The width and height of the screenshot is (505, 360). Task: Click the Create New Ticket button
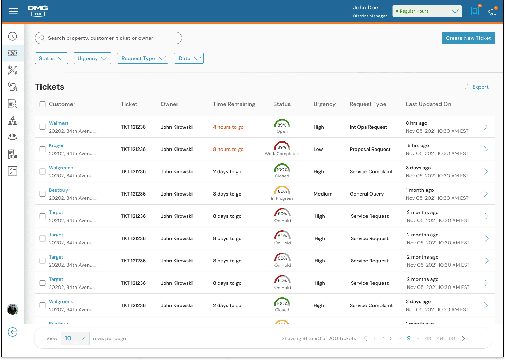coord(468,38)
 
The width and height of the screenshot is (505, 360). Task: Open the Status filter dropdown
coord(51,58)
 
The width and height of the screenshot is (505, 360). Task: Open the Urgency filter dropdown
coord(92,58)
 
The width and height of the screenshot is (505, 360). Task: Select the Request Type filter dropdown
coord(143,58)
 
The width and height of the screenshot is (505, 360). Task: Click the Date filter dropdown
coord(189,58)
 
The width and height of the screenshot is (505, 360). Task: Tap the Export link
coord(477,87)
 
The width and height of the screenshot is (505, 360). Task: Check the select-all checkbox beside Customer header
coord(43,104)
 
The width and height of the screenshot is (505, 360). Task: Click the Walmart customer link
coord(59,123)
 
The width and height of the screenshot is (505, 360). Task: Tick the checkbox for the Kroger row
coord(43,149)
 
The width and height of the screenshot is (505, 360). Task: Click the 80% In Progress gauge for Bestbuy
coord(282,191)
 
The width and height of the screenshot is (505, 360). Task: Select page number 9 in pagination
coord(409,338)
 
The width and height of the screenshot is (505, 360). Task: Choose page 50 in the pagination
coord(452,338)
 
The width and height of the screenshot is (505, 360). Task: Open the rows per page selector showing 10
coord(75,338)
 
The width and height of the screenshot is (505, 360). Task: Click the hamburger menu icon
coord(13,11)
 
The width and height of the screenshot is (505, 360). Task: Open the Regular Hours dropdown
coord(427,11)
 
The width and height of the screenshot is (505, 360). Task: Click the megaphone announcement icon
coord(492,11)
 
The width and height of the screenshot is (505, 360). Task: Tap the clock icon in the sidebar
coord(13,36)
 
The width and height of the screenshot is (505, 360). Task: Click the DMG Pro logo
coord(38,11)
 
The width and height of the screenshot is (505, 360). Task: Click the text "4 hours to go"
coord(228,127)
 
